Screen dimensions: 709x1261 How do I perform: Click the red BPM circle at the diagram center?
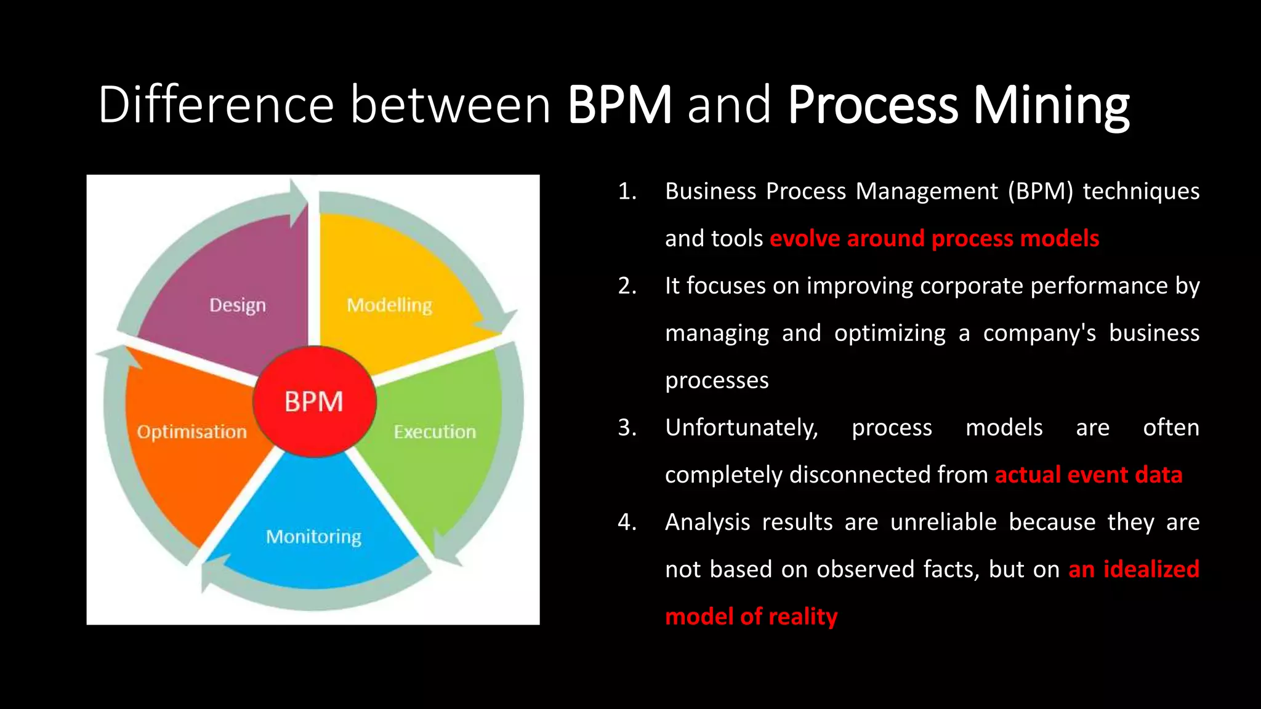pos(314,401)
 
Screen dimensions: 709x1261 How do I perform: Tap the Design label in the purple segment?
pos(238,305)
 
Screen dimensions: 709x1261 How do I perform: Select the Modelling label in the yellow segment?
pos(389,305)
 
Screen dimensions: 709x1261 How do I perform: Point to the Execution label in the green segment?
pos(435,431)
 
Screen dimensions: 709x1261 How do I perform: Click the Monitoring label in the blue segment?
pos(313,537)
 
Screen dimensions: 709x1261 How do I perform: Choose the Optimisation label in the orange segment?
pos(191,431)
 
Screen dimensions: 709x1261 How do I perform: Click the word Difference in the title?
pos(216,105)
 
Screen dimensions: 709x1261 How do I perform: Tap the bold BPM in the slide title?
pos(619,105)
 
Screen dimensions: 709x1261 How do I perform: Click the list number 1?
pos(627,191)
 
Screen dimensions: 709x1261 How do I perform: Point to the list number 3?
pos(627,428)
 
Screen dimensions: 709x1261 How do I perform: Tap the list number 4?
pos(627,523)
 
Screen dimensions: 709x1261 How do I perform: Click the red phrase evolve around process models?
pos(934,239)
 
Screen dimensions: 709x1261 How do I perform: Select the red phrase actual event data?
pos(1088,475)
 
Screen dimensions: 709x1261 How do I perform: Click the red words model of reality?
pos(751,617)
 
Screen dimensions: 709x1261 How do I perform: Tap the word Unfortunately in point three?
pos(741,428)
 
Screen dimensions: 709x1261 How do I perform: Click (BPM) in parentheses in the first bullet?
pos(1040,191)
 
